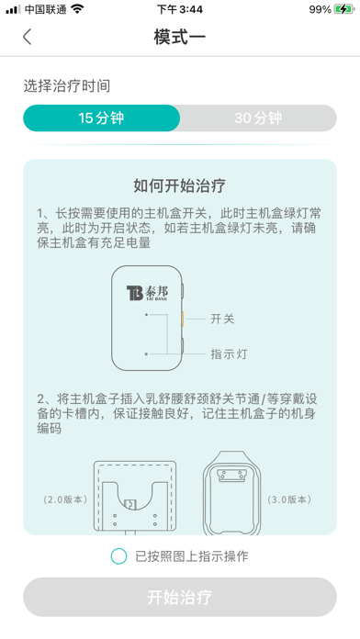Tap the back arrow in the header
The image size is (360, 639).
coord(28,37)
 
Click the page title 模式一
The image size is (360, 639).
coord(180,37)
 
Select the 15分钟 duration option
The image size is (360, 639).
coord(101,118)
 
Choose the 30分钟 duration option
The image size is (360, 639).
coord(258,118)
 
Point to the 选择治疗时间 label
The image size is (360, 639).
coord(67,85)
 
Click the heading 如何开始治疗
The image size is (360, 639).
coord(180,185)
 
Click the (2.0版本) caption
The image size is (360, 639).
coord(64,500)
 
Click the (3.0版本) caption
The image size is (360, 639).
coord(290,500)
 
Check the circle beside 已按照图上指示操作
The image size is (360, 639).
coord(118,555)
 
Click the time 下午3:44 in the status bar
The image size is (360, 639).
coord(180,9)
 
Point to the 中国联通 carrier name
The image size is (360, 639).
coord(45,9)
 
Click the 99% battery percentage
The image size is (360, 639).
coord(321,9)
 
